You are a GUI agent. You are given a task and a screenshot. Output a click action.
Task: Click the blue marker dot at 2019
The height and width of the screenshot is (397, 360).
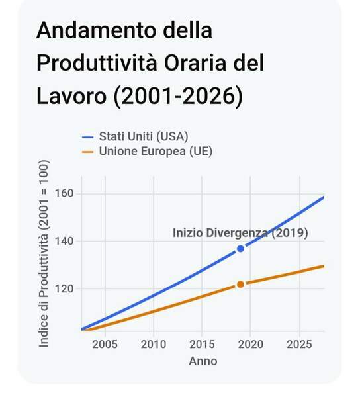tap(240, 249)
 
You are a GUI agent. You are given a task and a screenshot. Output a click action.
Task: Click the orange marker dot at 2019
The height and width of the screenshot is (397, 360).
tap(240, 285)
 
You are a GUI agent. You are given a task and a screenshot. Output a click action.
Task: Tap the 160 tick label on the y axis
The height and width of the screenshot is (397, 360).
tap(64, 193)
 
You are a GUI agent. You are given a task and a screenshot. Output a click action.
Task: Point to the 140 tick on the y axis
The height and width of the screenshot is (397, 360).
tap(64, 241)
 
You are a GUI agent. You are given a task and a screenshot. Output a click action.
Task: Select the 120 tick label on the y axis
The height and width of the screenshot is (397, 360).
tap(64, 288)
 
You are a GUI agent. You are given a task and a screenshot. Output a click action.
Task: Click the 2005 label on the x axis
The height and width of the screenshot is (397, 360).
tap(105, 345)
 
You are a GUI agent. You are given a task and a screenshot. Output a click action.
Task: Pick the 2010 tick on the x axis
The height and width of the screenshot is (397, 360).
tap(154, 345)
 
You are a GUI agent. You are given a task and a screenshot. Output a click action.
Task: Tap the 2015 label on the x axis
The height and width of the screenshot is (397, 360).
tap(202, 345)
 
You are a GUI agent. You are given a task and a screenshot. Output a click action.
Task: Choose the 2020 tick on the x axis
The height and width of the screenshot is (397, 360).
tap(251, 345)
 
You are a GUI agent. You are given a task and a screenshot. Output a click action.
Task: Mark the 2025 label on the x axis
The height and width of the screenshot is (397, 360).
tap(299, 345)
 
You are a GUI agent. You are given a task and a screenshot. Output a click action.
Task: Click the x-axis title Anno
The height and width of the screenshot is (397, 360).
tap(203, 361)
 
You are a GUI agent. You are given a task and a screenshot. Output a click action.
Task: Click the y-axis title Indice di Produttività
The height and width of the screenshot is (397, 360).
tap(44, 254)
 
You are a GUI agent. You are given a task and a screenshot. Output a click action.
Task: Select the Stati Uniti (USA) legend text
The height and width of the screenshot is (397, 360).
tap(144, 136)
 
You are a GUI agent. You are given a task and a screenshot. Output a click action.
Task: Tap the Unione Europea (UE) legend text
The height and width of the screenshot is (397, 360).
tap(156, 151)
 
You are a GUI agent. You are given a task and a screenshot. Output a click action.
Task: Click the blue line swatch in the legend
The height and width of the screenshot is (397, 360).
tap(88, 137)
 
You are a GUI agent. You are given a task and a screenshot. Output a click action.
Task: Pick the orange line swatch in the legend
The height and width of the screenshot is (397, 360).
tap(88, 152)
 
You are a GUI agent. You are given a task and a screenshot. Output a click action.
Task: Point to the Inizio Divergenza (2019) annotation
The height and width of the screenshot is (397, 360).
tap(240, 233)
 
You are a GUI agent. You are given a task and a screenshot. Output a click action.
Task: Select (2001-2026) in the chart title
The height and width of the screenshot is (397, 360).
tap(178, 96)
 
